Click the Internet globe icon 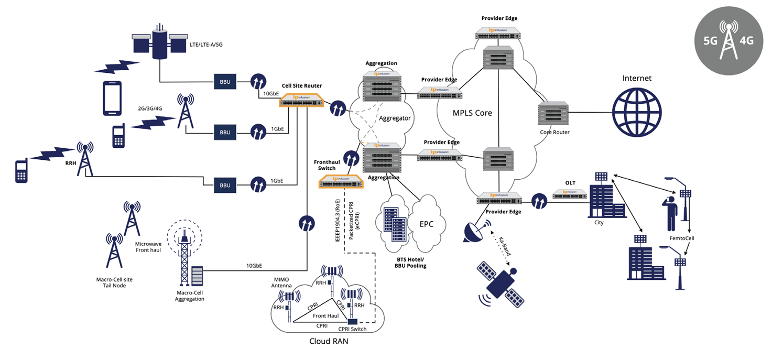(637, 112)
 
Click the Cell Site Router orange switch (301, 100)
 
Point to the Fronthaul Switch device (341, 181)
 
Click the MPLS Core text (472, 113)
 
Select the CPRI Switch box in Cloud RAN (353, 321)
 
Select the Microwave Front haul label (148, 247)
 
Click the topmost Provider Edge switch (499, 34)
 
